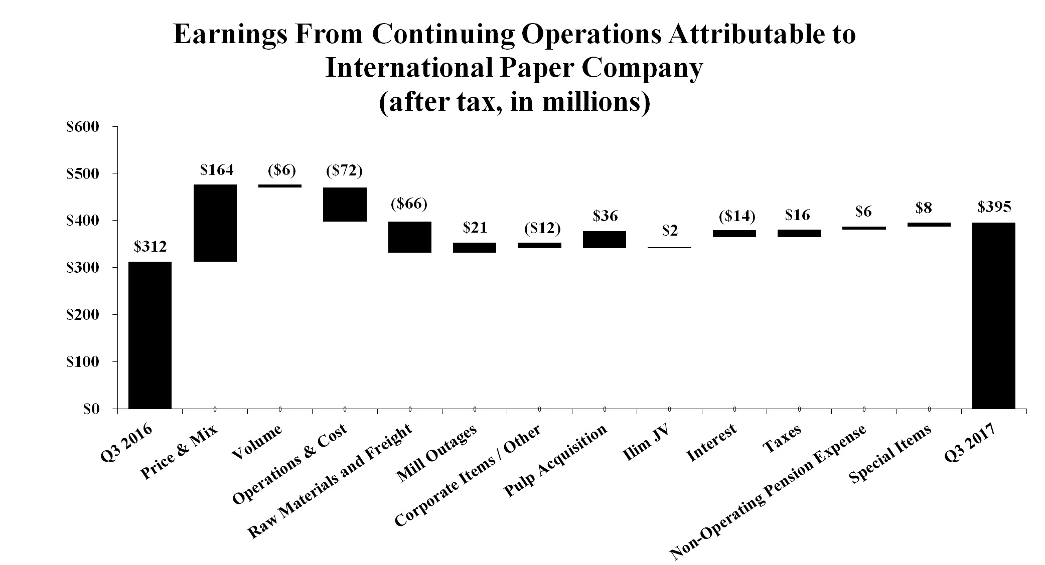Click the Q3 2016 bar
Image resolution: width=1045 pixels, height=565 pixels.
coord(150,334)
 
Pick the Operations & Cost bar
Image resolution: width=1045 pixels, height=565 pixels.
coord(345,204)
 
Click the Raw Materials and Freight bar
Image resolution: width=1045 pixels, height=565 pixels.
coord(410,237)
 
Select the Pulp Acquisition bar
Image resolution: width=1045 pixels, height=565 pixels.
coord(604,239)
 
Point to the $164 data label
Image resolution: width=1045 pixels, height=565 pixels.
coord(217,170)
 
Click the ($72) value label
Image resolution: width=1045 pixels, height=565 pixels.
coord(344,171)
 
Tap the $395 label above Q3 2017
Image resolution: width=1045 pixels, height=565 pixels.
coord(994,207)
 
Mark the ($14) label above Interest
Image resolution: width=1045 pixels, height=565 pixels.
coord(737,217)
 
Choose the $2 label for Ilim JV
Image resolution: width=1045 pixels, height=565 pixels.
coord(670,231)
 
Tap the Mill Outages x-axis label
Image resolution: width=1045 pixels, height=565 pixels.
coord(436,454)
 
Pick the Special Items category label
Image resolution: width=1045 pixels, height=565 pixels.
coord(890,454)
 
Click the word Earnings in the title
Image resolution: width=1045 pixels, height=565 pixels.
coord(230,35)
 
